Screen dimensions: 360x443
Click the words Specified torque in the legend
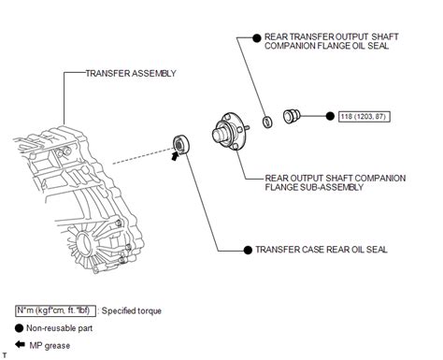click(x=134, y=310)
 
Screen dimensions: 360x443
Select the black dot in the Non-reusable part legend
click(x=20, y=328)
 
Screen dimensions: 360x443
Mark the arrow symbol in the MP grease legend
click(x=21, y=345)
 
